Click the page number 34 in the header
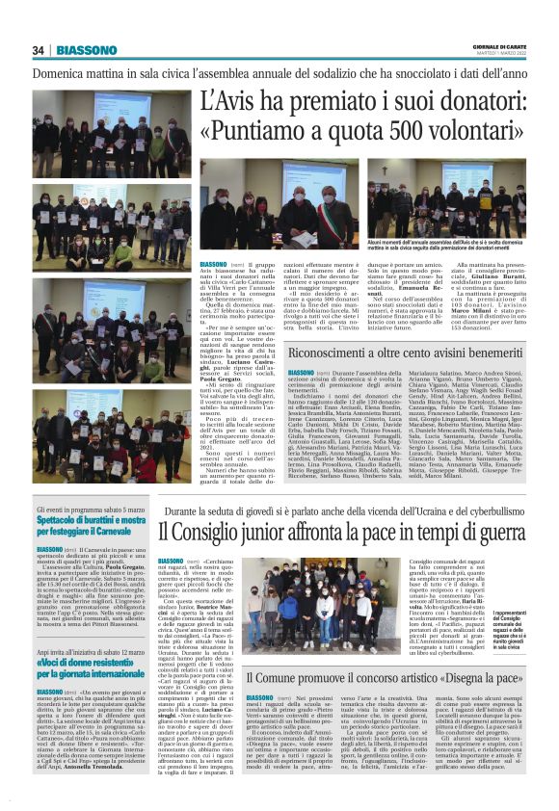click(x=39, y=50)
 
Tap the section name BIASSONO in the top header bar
click(x=87, y=50)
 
